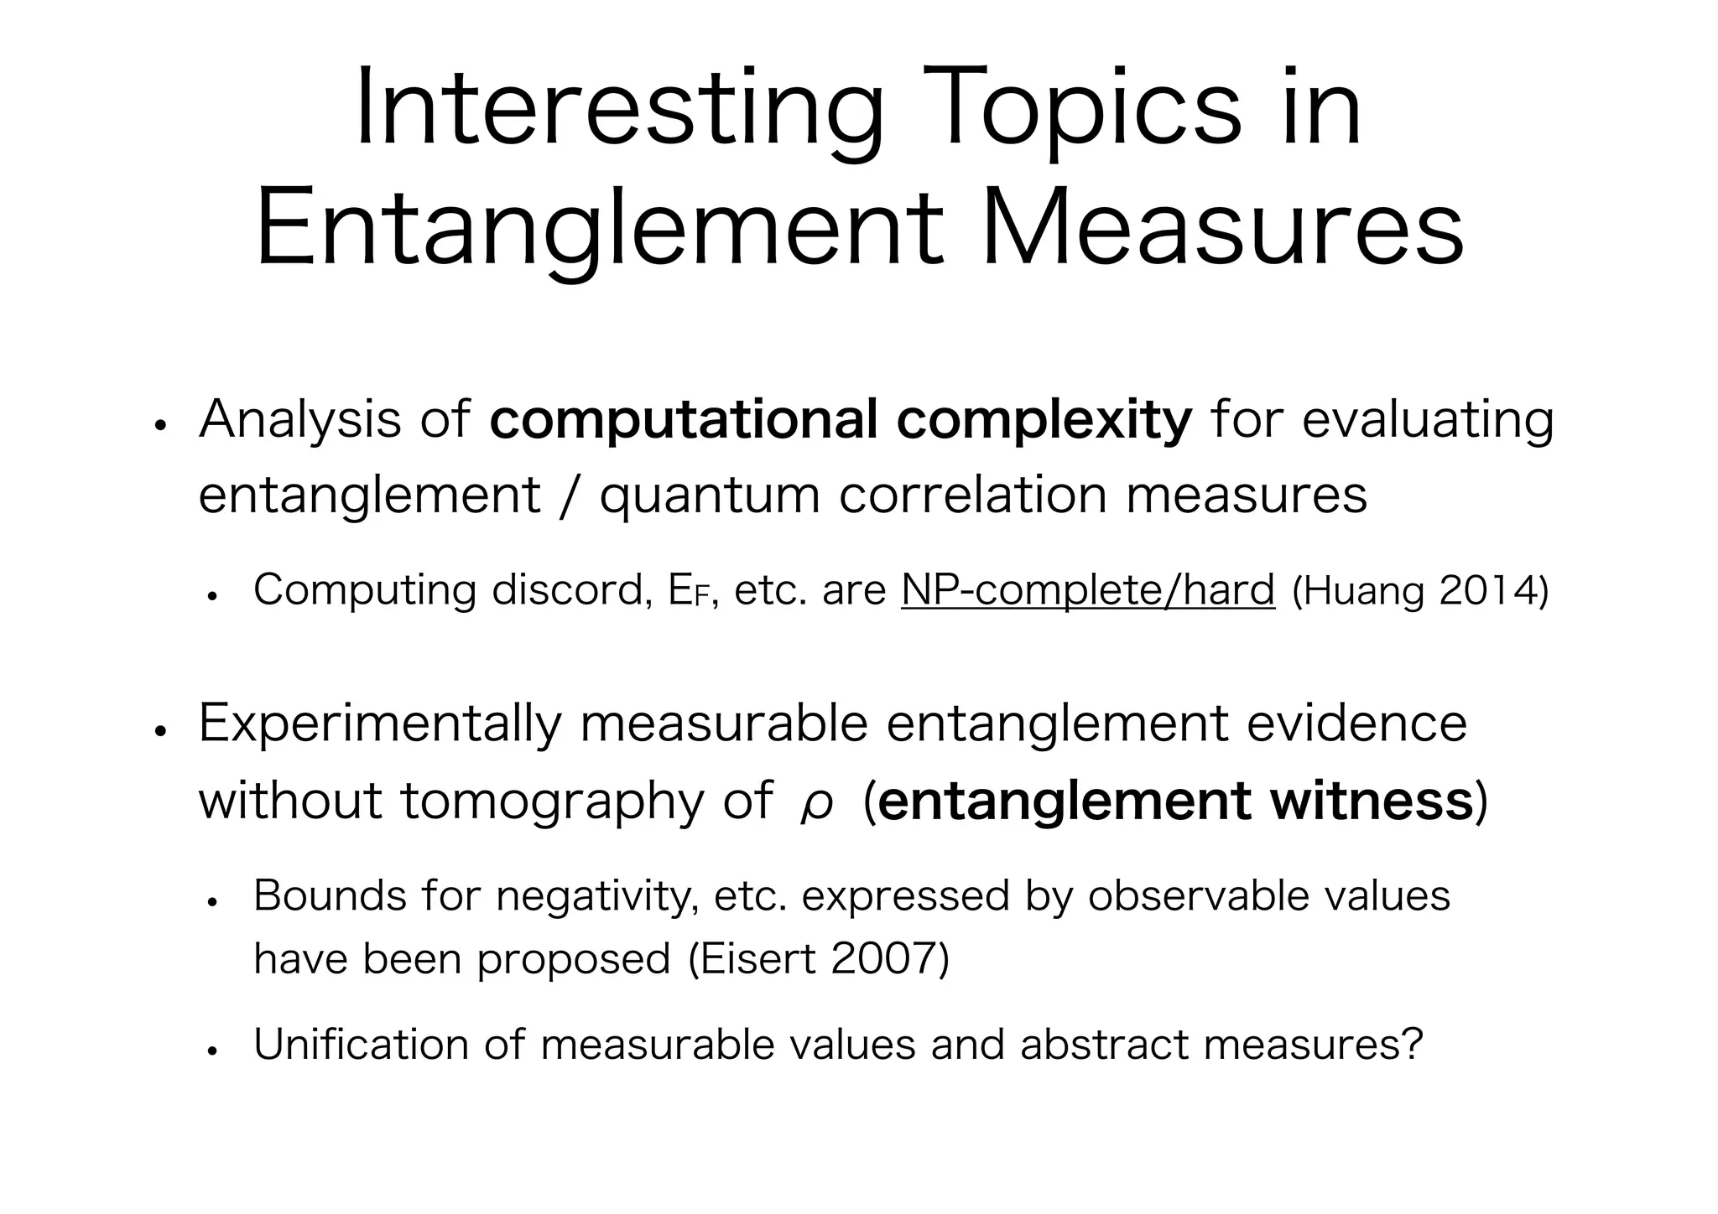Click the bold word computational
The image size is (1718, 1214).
(x=684, y=420)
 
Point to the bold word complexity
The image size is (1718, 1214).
(x=1044, y=420)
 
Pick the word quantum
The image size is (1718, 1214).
(x=709, y=495)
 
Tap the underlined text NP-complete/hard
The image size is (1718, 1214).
(x=1088, y=590)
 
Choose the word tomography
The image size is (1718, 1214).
(x=552, y=802)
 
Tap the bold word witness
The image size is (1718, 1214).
(x=1372, y=801)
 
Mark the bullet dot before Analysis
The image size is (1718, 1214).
(x=159, y=426)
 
